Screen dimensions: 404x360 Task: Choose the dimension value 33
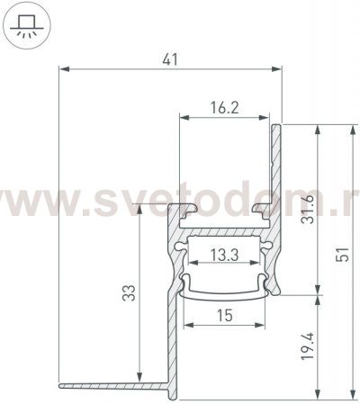[x=129, y=293]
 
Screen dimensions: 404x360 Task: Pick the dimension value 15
[x=226, y=314]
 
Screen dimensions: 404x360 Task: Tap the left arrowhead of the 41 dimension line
[x=62, y=68]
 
